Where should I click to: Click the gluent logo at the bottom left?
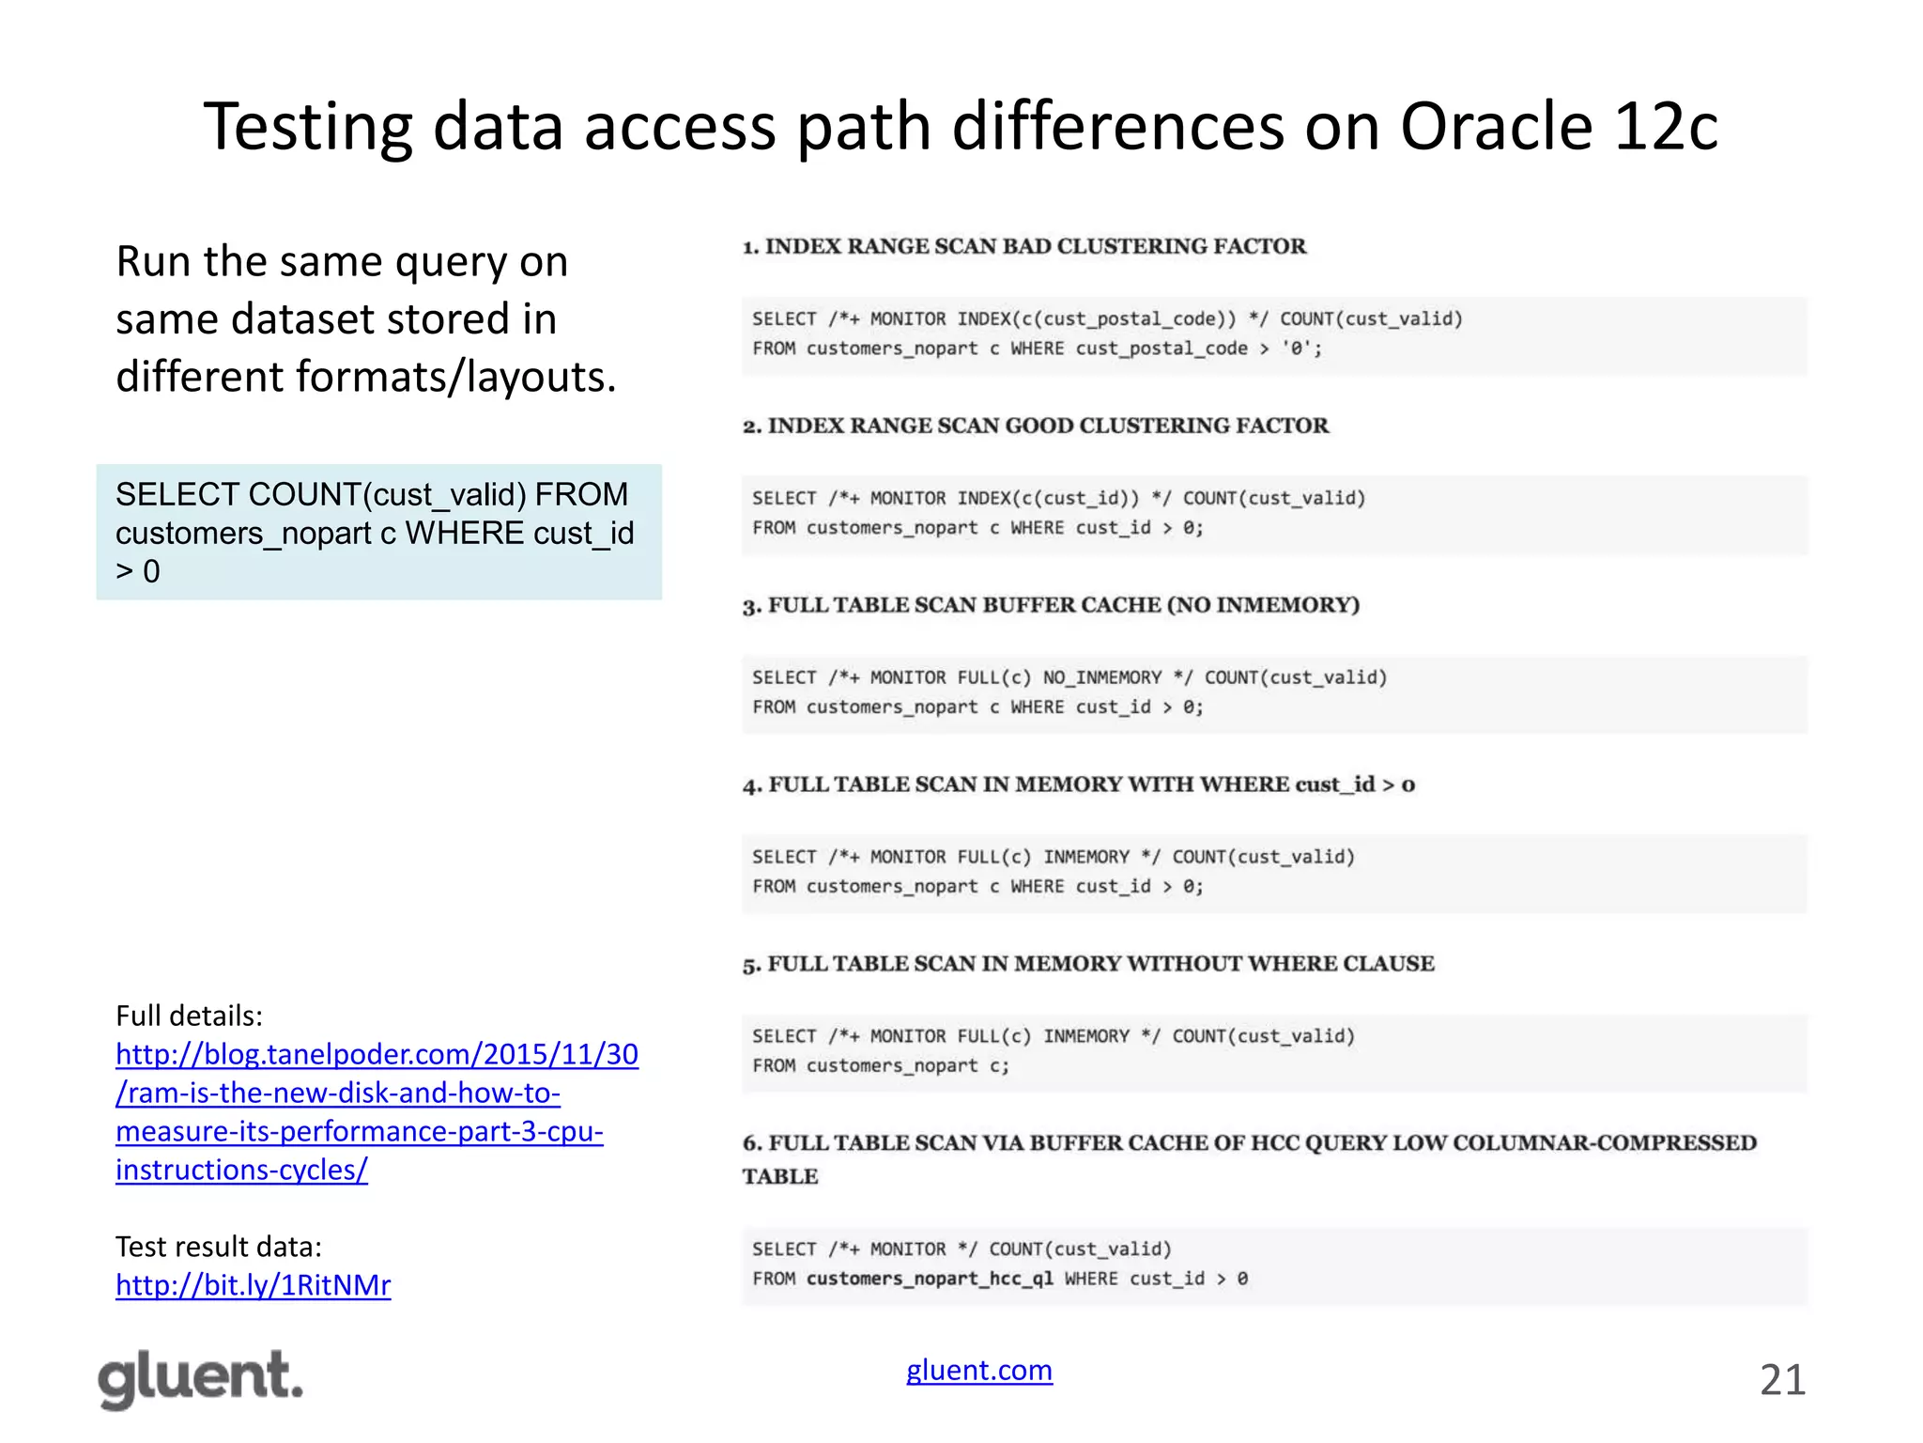click(x=201, y=1378)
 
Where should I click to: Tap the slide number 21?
click(x=1782, y=1380)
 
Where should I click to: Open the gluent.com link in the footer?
click(x=978, y=1370)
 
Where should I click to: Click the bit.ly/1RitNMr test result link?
click(x=253, y=1284)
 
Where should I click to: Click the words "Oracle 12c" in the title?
click(x=1559, y=127)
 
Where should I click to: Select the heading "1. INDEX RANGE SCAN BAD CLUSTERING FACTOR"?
click(x=1024, y=246)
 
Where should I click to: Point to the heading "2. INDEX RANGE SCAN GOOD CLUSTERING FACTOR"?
click(x=1036, y=426)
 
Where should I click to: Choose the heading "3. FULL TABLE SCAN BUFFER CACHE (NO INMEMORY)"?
click(x=1051, y=605)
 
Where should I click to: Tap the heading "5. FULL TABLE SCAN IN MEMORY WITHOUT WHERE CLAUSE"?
click(x=1088, y=964)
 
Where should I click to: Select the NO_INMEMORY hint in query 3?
click(x=1101, y=678)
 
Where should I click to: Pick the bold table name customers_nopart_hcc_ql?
click(x=930, y=1279)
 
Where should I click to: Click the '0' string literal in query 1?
click(x=1297, y=349)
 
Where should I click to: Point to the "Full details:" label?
click(x=189, y=1016)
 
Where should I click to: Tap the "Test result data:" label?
click(x=218, y=1247)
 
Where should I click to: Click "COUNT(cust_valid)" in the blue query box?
click(x=387, y=494)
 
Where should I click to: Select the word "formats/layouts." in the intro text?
click(x=456, y=377)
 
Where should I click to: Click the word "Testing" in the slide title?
click(x=308, y=127)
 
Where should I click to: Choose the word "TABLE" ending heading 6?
click(x=780, y=1177)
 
